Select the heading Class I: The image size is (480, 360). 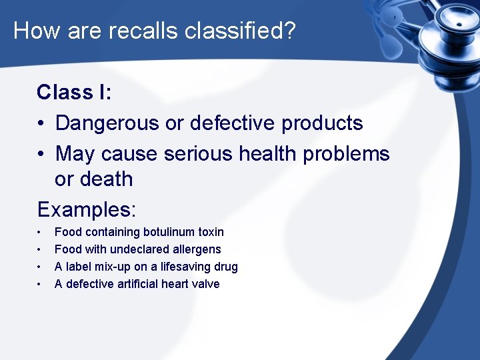tap(74, 92)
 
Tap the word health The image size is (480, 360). tap(273, 153)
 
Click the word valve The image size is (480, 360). tap(207, 284)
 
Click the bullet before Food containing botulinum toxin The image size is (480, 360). tap(40, 232)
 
